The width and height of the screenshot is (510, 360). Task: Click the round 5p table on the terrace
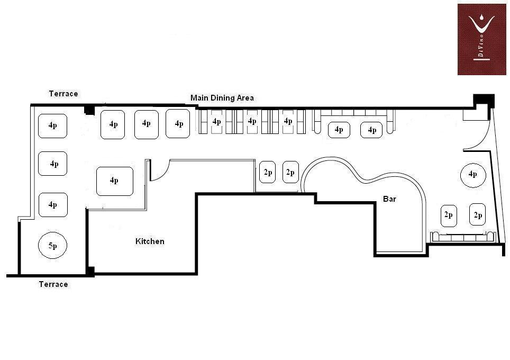tap(53, 246)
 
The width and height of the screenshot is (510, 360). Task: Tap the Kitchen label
tap(150, 241)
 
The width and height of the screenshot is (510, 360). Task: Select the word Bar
tap(390, 199)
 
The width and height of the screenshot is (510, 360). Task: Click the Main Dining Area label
tap(222, 98)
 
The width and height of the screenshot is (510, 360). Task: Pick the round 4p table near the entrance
tap(472, 175)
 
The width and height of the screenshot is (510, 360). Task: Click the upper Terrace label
tap(63, 94)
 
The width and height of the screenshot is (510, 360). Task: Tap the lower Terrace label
tap(53, 284)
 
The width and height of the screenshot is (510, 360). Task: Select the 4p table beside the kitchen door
tap(114, 181)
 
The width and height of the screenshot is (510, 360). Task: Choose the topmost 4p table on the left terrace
tap(53, 126)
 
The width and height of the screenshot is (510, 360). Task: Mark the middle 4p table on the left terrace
tap(53, 164)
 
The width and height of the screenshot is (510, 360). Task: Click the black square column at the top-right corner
tap(483, 100)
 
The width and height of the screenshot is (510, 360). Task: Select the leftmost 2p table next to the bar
tap(268, 173)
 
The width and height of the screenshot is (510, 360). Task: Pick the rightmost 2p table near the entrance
tap(478, 215)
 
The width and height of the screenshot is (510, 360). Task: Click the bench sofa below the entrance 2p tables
tap(463, 237)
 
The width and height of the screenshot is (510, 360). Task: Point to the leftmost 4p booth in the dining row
tap(216, 122)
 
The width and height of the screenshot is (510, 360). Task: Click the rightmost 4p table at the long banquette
tap(372, 130)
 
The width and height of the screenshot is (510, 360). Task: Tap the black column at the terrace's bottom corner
tap(90, 272)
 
